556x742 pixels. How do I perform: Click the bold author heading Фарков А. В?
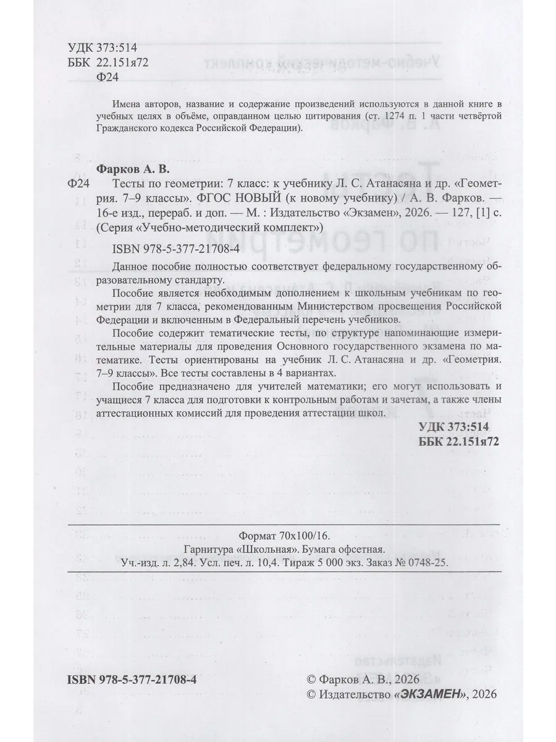click(133, 169)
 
